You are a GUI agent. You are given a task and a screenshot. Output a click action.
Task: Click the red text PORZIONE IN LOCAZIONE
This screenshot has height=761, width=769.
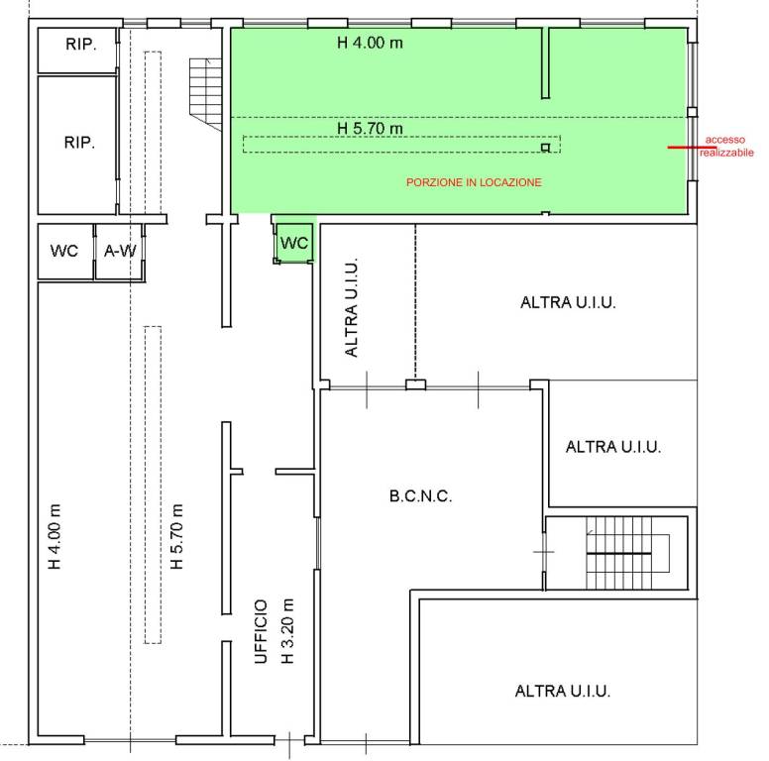pos(474,182)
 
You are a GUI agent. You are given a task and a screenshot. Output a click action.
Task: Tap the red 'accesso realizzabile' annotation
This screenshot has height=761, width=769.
pos(726,146)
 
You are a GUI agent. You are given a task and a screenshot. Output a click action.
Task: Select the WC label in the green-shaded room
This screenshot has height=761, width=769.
pos(294,243)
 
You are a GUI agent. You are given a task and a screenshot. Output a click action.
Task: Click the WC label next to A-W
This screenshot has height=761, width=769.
pos(64,251)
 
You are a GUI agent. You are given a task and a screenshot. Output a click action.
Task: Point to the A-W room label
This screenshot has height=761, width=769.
pos(120,251)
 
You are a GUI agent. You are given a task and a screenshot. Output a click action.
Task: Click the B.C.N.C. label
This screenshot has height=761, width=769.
pos(420,496)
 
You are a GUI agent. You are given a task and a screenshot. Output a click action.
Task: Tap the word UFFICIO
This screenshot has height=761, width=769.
pos(261,631)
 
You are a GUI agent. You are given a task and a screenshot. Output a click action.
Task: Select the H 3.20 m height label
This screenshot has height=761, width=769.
pos(287,631)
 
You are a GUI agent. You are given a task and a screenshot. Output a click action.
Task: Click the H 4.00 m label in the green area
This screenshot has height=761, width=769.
pos(370,43)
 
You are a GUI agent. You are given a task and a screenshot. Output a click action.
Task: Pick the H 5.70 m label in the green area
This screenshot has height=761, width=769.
pos(370,129)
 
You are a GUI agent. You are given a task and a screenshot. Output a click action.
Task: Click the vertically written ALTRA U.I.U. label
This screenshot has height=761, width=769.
pos(352,307)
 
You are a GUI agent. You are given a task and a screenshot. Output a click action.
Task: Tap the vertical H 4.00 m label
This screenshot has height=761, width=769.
pos(54,536)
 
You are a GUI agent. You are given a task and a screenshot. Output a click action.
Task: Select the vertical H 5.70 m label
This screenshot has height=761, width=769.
pos(176,536)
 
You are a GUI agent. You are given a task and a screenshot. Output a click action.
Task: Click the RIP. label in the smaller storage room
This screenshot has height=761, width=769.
pos(80,45)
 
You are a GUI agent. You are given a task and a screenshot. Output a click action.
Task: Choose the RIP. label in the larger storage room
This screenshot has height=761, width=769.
pos(79,143)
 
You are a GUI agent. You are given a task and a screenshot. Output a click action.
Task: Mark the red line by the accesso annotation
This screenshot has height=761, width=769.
pos(685,147)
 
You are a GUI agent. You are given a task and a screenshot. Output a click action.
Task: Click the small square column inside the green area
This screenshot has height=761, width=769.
pos(545,147)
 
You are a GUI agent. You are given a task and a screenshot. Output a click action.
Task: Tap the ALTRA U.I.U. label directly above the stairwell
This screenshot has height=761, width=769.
pos(613,447)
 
